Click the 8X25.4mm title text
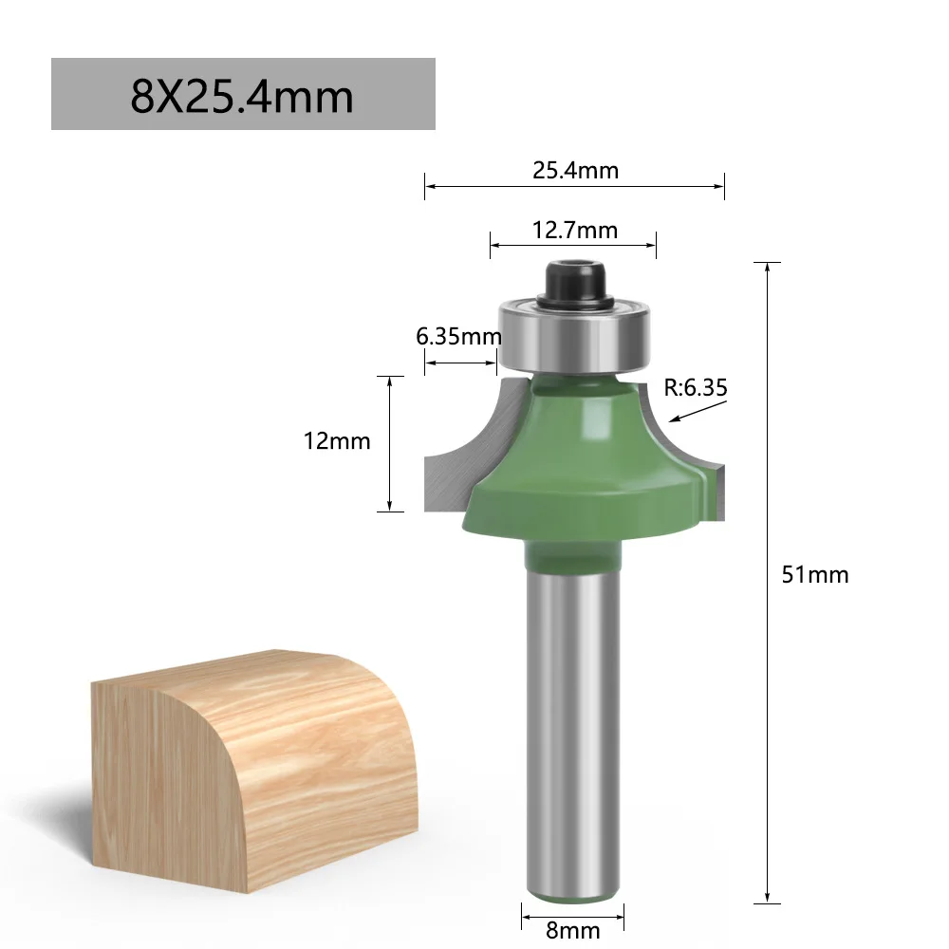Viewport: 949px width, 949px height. click(x=242, y=96)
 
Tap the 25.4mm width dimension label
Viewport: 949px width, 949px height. click(x=575, y=171)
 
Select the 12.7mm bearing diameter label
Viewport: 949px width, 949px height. click(x=574, y=231)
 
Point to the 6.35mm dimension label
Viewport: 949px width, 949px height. click(x=458, y=336)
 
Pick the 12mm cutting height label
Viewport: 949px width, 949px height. click(x=337, y=441)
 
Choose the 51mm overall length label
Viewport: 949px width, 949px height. click(x=815, y=574)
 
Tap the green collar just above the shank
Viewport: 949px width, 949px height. click(x=573, y=554)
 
